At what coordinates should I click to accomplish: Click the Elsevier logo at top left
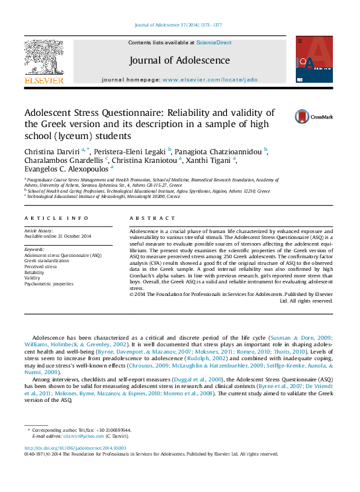tap(44, 61)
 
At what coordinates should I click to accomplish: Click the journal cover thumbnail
tap(314, 60)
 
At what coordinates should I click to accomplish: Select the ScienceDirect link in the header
tap(214, 42)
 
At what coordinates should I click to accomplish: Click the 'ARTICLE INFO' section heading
tap(56, 218)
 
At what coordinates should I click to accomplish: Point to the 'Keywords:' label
tap(34, 249)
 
